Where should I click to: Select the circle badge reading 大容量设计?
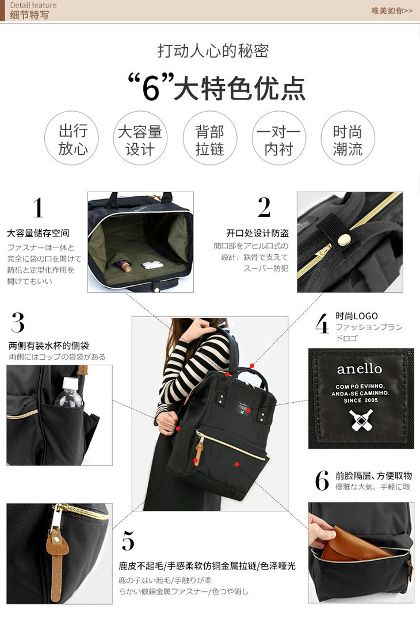tap(140, 138)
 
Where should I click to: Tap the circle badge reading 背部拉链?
tap(209, 138)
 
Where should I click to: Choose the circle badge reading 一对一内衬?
tap(278, 138)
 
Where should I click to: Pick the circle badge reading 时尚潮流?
tap(348, 138)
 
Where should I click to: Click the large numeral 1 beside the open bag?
tap(38, 208)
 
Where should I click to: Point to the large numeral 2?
tap(264, 208)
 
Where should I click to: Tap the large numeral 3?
tap(18, 323)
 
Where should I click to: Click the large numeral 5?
tap(128, 540)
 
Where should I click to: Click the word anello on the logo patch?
tap(359, 369)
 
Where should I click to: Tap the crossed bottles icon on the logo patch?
tap(360, 419)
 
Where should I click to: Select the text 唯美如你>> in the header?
tap(392, 11)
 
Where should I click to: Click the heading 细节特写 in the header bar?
tap(29, 15)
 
